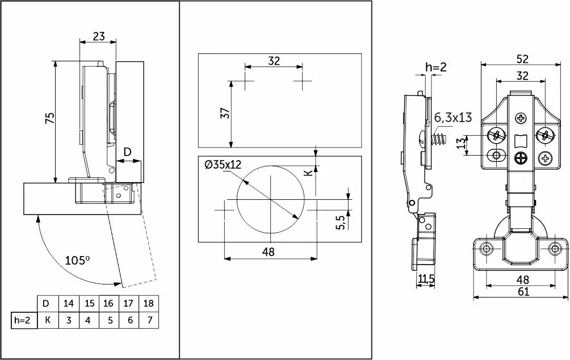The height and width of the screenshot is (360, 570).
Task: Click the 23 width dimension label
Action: coord(98,36)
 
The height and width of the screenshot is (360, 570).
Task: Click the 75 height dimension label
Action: coord(49,118)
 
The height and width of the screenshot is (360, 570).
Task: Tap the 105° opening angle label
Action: coord(78,261)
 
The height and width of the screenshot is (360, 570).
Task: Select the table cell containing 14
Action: coord(69,303)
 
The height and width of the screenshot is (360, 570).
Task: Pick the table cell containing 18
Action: coord(149,303)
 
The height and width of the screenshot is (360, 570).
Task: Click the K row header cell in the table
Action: coord(48,320)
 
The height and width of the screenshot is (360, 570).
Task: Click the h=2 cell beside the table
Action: coord(22,320)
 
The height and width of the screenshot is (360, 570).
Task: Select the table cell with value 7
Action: coord(149,320)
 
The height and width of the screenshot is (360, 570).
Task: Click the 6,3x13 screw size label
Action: coord(453,119)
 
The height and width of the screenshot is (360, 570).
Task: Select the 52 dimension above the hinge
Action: coord(522,58)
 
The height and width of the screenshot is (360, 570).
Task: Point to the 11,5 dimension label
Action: coord(426,279)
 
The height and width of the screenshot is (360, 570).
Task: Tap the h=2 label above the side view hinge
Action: coord(436,67)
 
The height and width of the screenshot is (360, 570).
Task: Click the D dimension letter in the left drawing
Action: coord(128,152)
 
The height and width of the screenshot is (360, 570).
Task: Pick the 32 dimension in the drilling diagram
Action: coord(274,61)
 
